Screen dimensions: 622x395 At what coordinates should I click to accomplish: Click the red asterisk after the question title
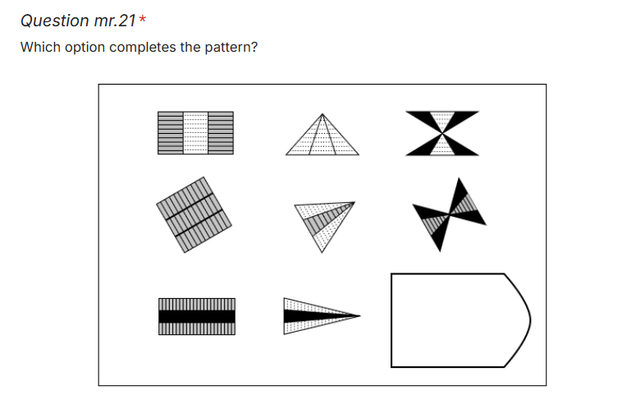click(x=143, y=18)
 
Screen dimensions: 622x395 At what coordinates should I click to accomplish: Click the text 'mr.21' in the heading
click(x=115, y=21)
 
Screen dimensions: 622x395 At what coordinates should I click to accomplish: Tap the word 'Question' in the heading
click(x=55, y=21)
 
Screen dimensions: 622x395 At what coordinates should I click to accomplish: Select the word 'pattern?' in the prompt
click(x=231, y=48)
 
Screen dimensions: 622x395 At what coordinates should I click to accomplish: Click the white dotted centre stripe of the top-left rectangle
click(x=195, y=133)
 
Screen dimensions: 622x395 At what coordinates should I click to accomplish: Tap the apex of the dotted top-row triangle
click(x=322, y=114)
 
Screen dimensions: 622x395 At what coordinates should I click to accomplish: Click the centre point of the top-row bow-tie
click(x=442, y=133)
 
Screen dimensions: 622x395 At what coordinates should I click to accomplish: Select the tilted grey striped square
click(x=194, y=215)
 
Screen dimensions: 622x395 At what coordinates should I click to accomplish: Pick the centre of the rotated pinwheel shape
click(x=449, y=215)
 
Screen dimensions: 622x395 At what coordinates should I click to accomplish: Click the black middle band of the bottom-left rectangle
click(x=197, y=316)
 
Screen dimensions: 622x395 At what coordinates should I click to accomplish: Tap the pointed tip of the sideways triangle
click(x=360, y=316)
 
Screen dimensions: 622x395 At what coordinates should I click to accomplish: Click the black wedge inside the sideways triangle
click(x=313, y=316)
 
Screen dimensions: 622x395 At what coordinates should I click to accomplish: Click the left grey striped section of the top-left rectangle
click(x=171, y=133)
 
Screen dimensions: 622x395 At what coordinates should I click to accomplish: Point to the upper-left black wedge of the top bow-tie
click(x=423, y=119)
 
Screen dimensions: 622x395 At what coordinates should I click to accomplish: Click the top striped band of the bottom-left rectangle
click(x=197, y=305)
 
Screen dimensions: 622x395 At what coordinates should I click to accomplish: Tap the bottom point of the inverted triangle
click(x=322, y=252)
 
